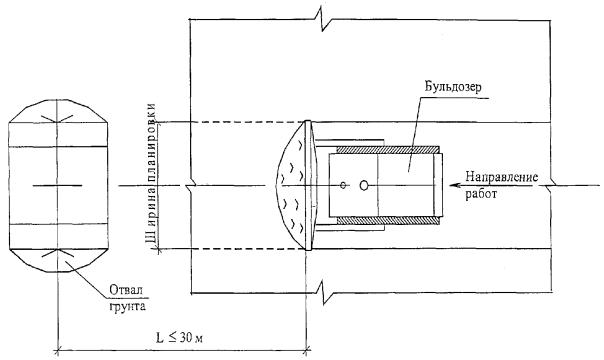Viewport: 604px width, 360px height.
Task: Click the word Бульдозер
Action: [x=453, y=87]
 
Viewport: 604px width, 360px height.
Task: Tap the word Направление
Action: [x=502, y=177]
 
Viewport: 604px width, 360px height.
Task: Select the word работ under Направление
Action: [x=481, y=193]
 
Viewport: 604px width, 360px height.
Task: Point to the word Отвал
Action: [x=126, y=290]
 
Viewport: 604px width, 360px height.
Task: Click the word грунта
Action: [x=128, y=306]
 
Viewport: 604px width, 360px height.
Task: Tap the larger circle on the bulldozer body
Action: [x=364, y=186]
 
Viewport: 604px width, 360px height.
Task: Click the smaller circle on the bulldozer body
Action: [x=343, y=185]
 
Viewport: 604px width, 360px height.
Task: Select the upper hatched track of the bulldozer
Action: [x=388, y=150]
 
